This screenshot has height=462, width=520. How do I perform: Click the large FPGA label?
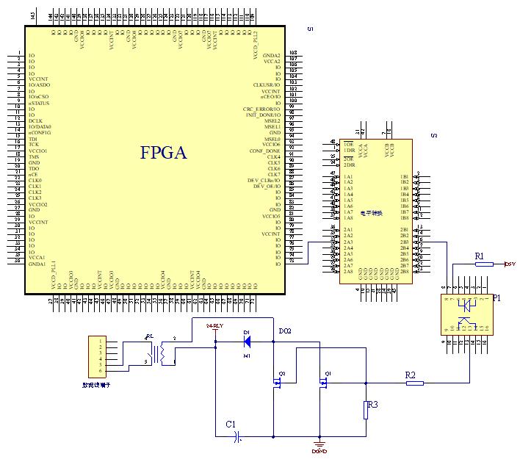click(x=164, y=153)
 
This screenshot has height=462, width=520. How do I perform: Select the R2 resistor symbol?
click(x=415, y=382)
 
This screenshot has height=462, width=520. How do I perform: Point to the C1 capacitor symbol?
click(x=237, y=437)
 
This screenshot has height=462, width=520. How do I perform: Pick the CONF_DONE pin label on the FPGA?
click(x=265, y=151)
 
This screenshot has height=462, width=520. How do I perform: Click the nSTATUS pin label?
click(x=37, y=103)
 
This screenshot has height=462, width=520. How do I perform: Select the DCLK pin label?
click(x=35, y=120)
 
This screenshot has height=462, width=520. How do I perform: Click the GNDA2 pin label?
click(x=272, y=56)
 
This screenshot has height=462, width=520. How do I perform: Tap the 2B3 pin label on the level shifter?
click(x=404, y=242)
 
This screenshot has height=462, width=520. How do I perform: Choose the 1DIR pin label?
click(x=349, y=151)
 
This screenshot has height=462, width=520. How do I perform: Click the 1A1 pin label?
click(x=348, y=177)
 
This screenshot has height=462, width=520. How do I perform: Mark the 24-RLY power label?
click(x=214, y=325)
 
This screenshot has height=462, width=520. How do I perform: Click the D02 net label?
click(x=285, y=331)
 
